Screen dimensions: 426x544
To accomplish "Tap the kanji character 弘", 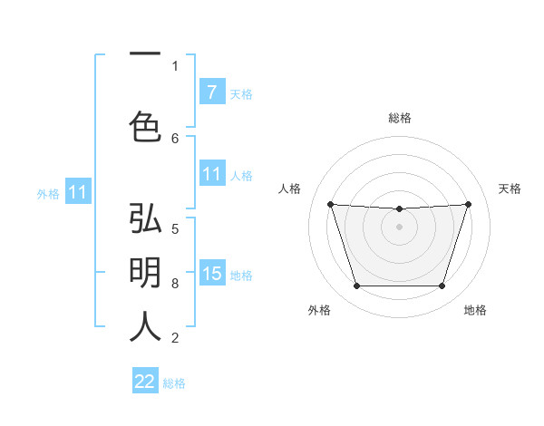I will pos(145,219).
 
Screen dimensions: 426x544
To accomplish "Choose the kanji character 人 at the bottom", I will pos(145,326).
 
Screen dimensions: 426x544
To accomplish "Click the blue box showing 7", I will pos(211,92).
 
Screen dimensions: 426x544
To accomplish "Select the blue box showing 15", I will pos(211,274).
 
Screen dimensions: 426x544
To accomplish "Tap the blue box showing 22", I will pos(145,382).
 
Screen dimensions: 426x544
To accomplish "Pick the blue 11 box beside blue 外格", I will pos(77,192).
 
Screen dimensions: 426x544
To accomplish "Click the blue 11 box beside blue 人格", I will pos(211,174).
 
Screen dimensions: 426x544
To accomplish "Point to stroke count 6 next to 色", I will pos(175,138).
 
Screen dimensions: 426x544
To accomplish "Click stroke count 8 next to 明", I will pos(175,284).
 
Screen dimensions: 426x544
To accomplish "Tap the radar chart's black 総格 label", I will pos(400,118).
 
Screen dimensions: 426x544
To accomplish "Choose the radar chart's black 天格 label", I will pos(510,189).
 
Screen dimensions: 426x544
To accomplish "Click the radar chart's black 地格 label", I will pos(475,310).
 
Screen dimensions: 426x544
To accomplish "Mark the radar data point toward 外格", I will pos(356,286).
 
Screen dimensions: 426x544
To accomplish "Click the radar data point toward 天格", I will pos(468,204).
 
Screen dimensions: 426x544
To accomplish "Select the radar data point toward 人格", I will pos(330,204).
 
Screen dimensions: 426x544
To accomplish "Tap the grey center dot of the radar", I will pos(399,227).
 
